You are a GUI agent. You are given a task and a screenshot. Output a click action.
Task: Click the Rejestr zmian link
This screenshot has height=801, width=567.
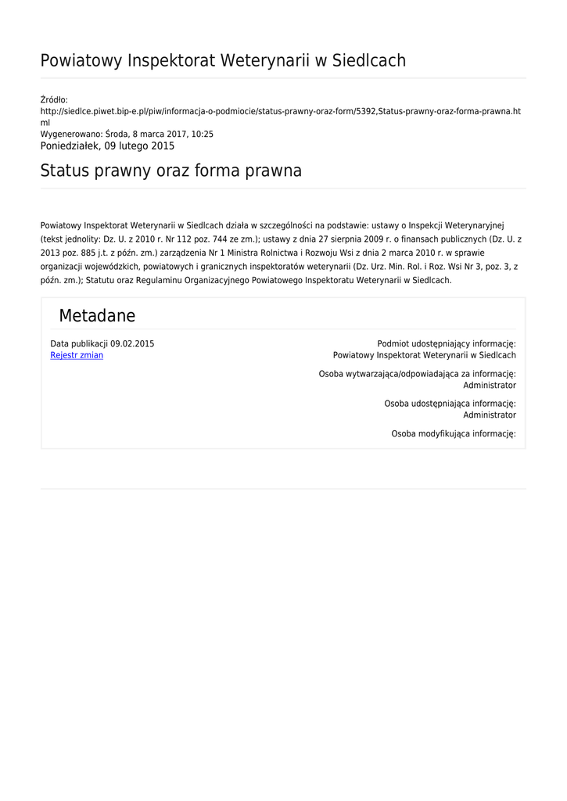click(x=77, y=355)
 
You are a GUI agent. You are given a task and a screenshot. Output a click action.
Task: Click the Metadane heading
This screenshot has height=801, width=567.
click(x=97, y=316)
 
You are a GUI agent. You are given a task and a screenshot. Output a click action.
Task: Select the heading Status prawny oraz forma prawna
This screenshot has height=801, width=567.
click(x=170, y=171)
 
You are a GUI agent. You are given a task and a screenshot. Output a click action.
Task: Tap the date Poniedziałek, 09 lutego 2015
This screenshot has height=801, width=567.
click(x=107, y=146)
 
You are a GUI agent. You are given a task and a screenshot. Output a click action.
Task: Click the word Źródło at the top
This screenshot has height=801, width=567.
click(x=54, y=100)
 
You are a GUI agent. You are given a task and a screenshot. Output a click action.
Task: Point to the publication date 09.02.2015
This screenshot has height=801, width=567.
click(x=132, y=343)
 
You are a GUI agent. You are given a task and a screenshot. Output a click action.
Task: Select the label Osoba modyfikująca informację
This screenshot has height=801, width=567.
click(x=454, y=433)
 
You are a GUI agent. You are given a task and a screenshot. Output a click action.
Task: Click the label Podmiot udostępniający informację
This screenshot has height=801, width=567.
click(x=447, y=343)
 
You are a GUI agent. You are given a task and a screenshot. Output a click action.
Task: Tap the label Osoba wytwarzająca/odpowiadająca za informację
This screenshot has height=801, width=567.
click(x=417, y=374)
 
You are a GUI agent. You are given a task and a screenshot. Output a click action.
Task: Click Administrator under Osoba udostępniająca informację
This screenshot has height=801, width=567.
click(x=490, y=415)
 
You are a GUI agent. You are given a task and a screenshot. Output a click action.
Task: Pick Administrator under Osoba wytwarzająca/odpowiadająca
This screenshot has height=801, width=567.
click(x=490, y=386)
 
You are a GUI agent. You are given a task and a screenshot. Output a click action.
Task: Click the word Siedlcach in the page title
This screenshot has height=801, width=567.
click(x=369, y=60)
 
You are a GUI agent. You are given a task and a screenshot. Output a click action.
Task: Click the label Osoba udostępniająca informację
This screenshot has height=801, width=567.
click(x=450, y=404)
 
